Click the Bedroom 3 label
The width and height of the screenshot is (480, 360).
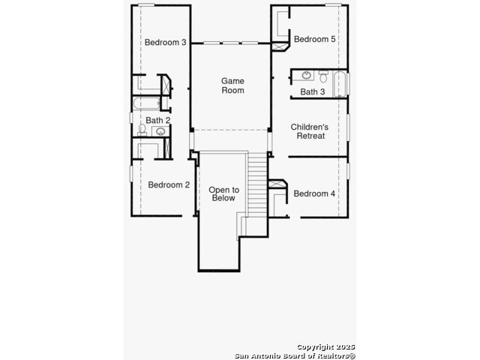pyautogui.click(x=165, y=42)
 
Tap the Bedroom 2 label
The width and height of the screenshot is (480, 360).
pyautogui.click(x=169, y=184)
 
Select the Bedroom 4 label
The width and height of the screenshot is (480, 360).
pyautogui.click(x=314, y=193)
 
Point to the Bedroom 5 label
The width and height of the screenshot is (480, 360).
pyautogui.click(x=315, y=39)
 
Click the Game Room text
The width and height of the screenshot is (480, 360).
pyautogui.click(x=232, y=85)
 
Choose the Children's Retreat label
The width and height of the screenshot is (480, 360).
pyautogui.click(x=310, y=131)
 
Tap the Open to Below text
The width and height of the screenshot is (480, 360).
pyautogui.click(x=223, y=193)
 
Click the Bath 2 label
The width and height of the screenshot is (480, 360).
pyautogui.click(x=158, y=120)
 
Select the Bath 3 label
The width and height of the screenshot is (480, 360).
pyautogui.click(x=313, y=91)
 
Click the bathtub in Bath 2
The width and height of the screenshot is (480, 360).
pyautogui.click(x=146, y=103)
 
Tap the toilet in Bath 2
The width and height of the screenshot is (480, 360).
pyautogui.click(x=142, y=130)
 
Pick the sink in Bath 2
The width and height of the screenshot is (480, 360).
pyautogui.click(x=160, y=132)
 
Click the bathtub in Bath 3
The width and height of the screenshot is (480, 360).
pyautogui.click(x=340, y=84)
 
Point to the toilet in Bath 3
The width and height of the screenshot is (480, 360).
pyautogui.click(x=323, y=76)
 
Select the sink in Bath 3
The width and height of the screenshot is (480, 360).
pyautogui.click(x=306, y=75)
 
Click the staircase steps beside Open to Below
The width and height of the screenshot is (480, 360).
pyautogui.click(x=257, y=184)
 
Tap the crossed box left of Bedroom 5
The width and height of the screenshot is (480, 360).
pyautogui.click(x=280, y=46)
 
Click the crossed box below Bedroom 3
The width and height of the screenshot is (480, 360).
pyautogui.click(x=166, y=85)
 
